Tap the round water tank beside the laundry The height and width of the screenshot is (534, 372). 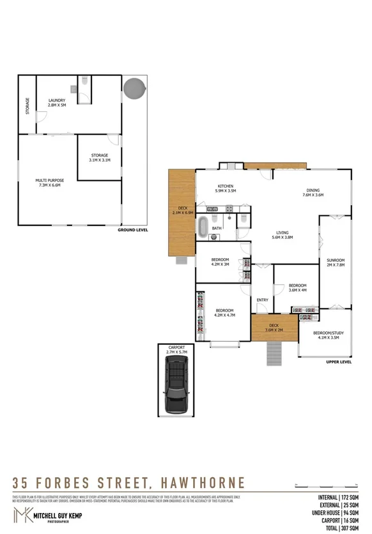click(x=134, y=86)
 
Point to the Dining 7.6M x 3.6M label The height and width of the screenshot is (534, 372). click(x=313, y=193)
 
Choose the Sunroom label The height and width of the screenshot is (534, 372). click(x=336, y=263)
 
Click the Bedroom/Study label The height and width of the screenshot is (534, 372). click(x=325, y=335)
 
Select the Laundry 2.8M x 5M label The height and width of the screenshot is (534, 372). click(x=58, y=102)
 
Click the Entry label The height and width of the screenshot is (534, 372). click(x=262, y=300)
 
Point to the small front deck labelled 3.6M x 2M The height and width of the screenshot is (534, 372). click(x=274, y=327)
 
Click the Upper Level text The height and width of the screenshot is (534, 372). click(x=339, y=362)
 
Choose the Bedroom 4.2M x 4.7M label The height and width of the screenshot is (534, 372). click(x=223, y=312)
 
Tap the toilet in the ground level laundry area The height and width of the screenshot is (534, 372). click(x=84, y=82)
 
